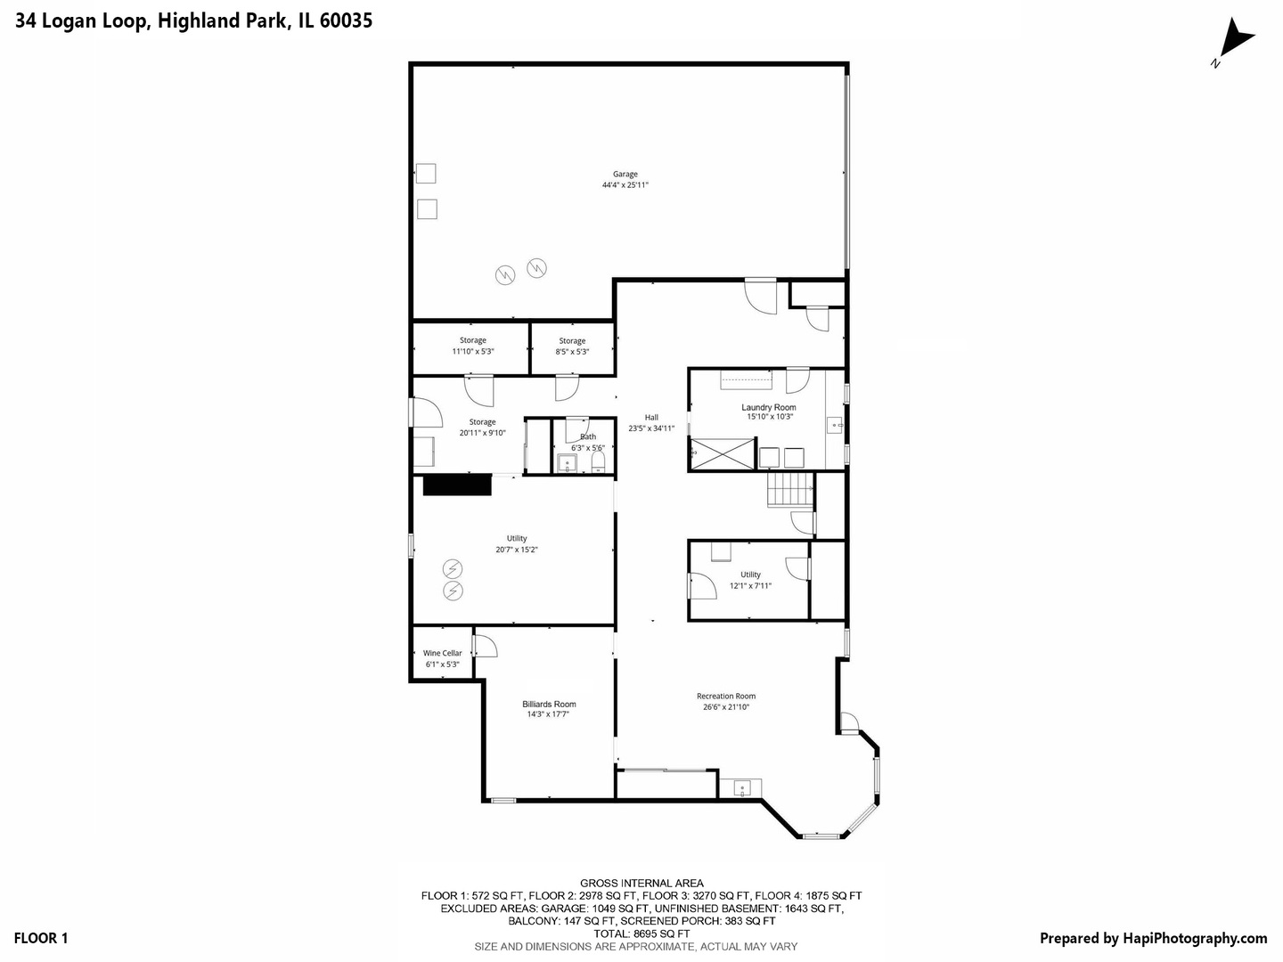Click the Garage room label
pos(625,175)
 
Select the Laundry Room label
pos(769,407)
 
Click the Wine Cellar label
pos(443,653)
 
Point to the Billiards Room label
pos(549,704)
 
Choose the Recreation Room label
pos(726,697)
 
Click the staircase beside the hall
pos(791,490)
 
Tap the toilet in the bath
pos(598,461)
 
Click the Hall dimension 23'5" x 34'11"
pos(651,428)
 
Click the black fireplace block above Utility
pos(457,485)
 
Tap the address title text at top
pos(193,20)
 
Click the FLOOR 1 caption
pos(41,938)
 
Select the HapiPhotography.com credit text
pos(1153,938)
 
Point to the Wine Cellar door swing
pos(485,645)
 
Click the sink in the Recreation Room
pos(742,787)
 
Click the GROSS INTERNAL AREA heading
pos(641,883)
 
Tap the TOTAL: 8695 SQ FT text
pos(641,933)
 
